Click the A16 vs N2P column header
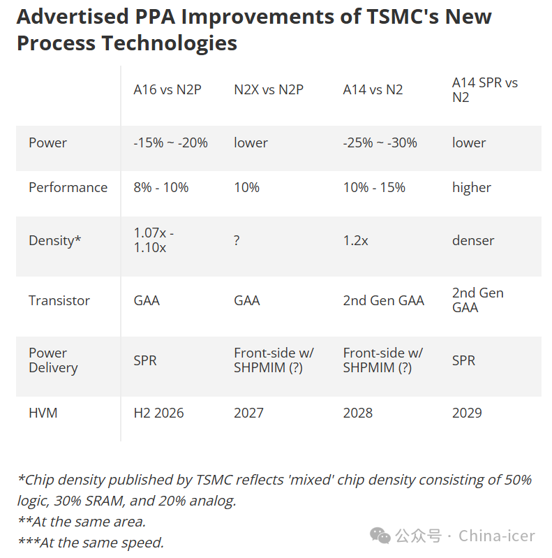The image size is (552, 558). click(167, 89)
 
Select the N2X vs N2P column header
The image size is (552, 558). click(269, 89)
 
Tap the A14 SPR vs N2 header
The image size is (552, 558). click(485, 90)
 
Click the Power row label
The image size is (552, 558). click(47, 142)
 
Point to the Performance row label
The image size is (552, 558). click(68, 187)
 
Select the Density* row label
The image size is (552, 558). click(54, 240)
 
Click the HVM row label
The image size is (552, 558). click(43, 413)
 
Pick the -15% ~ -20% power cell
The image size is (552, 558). click(170, 142)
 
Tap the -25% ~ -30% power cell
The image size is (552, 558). click(380, 142)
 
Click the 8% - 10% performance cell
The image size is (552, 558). click(161, 187)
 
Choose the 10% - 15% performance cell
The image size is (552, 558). click(374, 187)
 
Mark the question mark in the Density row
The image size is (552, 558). click(237, 240)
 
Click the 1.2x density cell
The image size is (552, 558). click(355, 240)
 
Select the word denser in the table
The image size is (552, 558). click(473, 240)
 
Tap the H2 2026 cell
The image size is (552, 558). click(158, 413)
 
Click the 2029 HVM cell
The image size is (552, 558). click(467, 413)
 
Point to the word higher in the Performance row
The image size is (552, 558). click(472, 187)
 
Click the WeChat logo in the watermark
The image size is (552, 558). click(380, 536)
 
